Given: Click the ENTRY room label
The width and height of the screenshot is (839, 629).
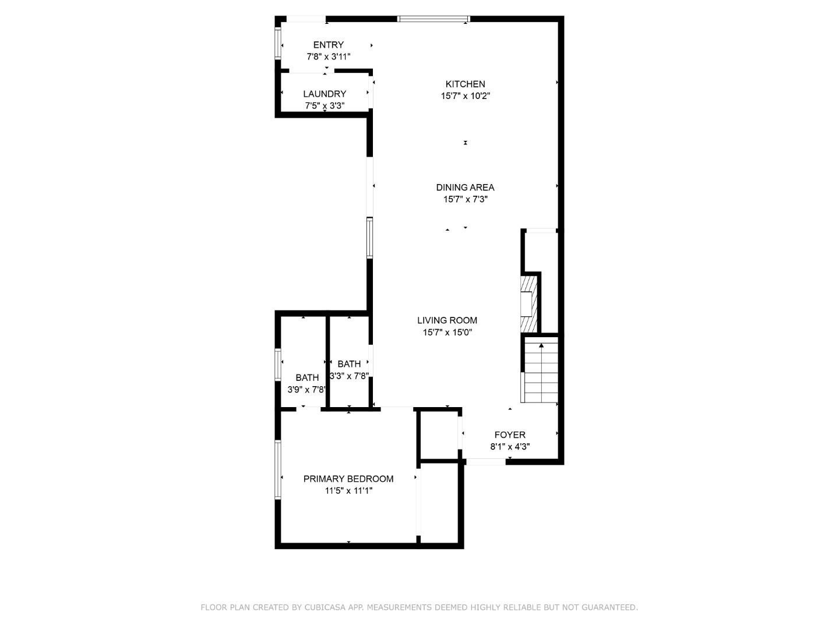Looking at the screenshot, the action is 329,45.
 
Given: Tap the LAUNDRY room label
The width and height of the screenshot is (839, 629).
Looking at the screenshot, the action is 325,94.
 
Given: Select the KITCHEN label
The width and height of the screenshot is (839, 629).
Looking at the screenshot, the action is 465,84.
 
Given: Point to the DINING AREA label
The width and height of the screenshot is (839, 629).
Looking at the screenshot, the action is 465,187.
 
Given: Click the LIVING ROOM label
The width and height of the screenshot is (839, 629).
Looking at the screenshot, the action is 447,320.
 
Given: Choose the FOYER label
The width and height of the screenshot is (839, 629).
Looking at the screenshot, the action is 510,434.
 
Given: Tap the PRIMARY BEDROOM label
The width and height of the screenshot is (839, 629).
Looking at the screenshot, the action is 348,479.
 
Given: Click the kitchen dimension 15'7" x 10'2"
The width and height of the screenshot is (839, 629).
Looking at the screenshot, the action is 465,96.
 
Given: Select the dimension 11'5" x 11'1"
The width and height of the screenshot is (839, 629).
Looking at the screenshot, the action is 348,490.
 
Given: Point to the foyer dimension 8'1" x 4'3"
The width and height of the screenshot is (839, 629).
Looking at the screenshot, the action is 510,447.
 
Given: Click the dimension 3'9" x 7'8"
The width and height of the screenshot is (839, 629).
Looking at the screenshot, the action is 307,390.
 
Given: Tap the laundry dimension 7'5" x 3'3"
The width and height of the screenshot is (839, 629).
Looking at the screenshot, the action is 325,105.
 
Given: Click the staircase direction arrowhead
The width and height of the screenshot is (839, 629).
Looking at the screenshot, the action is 541,345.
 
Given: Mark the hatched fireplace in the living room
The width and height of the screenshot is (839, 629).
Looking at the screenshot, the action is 528,304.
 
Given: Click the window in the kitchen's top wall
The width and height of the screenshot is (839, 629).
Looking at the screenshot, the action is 433,19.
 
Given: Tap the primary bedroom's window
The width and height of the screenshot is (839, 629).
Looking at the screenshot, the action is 278,469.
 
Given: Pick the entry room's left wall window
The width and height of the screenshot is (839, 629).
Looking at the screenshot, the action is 278,44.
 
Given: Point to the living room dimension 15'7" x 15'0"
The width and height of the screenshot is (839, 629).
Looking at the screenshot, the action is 447,332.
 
